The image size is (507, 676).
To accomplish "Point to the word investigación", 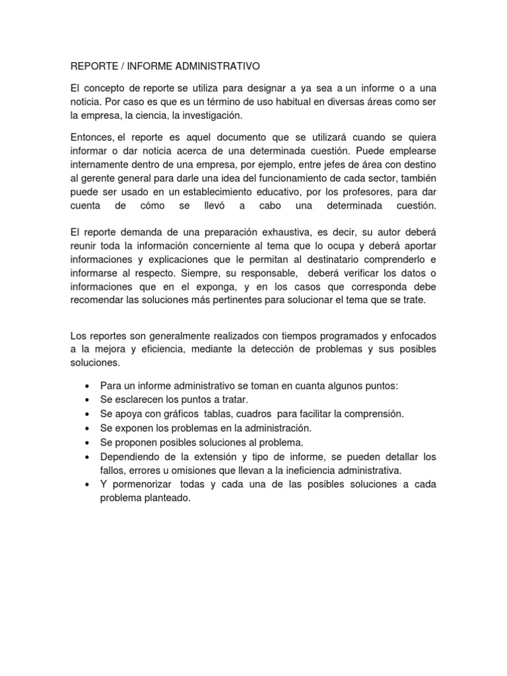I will [x=209, y=116].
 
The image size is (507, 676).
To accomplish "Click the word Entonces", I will [x=92, y=137].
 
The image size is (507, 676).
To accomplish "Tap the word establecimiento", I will [x=232, y=192].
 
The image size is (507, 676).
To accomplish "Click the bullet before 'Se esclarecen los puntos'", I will [x=88, y=400].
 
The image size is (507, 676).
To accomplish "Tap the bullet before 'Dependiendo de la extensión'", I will [x=88, y=457].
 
